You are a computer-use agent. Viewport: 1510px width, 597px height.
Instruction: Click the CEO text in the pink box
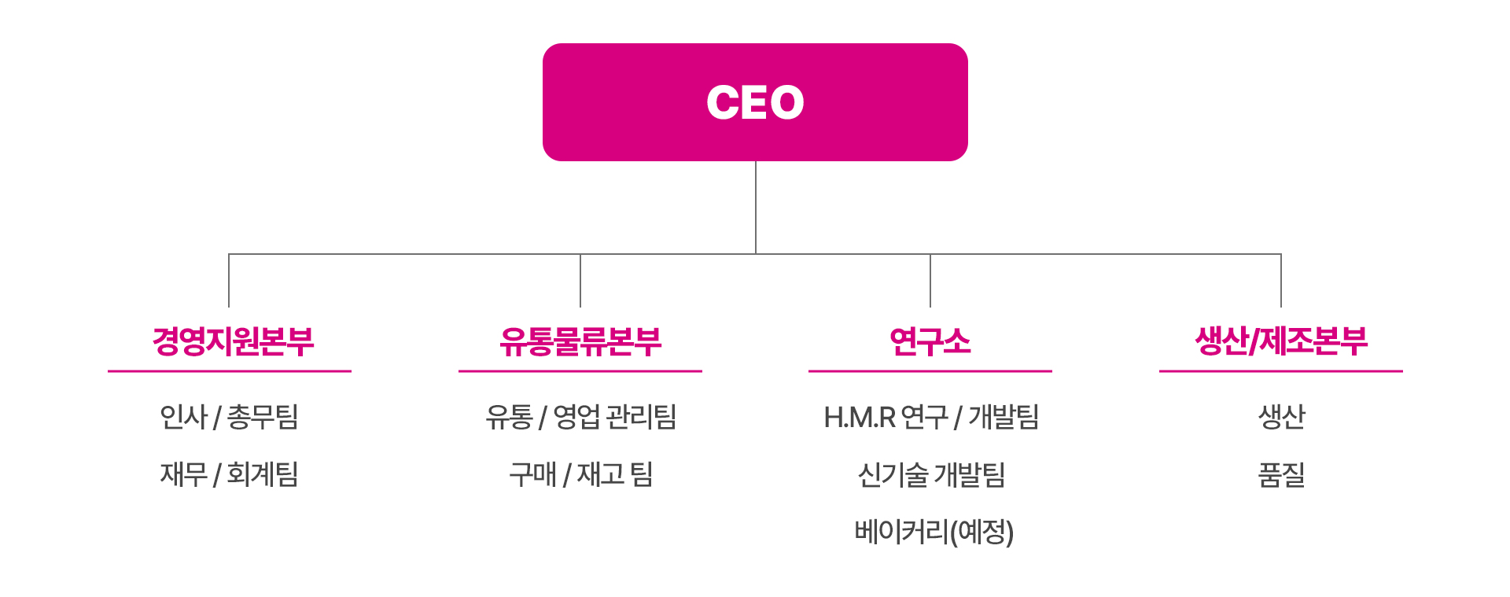pyautogui.click(x=755, y=102)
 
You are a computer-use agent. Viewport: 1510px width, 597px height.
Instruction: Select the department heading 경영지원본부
pyautogui.click(x=233, y=341)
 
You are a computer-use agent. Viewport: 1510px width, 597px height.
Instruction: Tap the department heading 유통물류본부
pyautogui.click(x=580, y=341)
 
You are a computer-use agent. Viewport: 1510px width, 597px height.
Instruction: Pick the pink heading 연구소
pyautogui.click(x=930, y=341)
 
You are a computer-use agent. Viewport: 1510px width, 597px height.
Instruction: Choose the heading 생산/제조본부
pyautogui.click(x=1281, y=341)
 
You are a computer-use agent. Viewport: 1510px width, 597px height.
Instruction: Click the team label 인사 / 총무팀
pyautogui.click(x=229, y=417)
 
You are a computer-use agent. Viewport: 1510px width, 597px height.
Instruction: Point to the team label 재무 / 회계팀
pyautogui.click(x=229, y=474)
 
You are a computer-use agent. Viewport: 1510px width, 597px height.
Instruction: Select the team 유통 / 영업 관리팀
pyautogui.click(x=581, y=417)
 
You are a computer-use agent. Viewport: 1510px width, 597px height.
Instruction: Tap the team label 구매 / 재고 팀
pyautogui.click(x=581, y=474)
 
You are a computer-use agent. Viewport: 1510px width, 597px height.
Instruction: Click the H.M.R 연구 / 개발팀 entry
pyautogui.click(x=931, y=417)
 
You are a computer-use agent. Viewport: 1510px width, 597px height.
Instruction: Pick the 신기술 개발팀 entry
pyautogui.click(x=931, y=474)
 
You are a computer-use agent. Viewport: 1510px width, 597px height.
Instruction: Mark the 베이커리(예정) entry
pyautogui.click(x=934, y=532)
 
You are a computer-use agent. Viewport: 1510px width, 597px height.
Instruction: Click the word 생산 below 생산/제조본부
pyautogui.click(x=1281, y=417)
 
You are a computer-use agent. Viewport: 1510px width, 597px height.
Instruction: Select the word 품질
pyautogui.click(x=1281, y=474)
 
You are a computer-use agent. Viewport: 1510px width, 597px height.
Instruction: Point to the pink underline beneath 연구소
pyautogui.click(x=930, y=370)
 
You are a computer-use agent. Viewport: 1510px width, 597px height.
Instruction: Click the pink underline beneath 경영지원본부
pyautogui.click(x=230, y=370)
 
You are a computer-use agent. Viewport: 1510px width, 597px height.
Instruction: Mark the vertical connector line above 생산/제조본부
pyautogui.click(x=1281, y=281)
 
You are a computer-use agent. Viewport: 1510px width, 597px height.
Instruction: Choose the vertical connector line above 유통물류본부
pyautogui.click(x=580, y=281)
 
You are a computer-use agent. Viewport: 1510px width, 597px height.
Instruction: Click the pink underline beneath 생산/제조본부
pyautogui.click(x=1281, y=370)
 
